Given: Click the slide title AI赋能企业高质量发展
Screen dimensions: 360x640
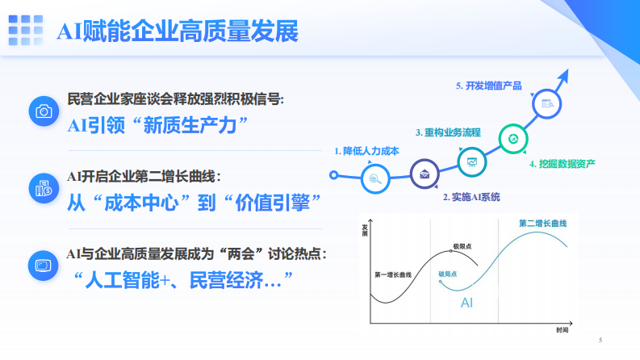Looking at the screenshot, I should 177,31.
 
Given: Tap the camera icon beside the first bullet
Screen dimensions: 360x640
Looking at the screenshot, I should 44,111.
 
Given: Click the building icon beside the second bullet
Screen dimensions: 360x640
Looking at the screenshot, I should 44,188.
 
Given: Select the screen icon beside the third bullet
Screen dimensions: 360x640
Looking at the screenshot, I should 44,264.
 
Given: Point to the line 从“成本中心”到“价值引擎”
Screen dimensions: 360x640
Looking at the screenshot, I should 190,200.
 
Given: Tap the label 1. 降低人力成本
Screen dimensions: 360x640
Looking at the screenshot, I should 367,150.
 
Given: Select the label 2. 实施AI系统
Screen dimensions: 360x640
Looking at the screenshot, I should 471,196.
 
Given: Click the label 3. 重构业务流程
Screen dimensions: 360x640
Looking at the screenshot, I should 448,132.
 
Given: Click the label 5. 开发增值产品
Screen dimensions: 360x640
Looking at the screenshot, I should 488,86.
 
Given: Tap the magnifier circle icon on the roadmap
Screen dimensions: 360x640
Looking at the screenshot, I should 375,179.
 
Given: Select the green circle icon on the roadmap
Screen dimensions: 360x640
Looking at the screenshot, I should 512,139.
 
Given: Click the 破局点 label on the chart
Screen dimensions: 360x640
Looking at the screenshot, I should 448,273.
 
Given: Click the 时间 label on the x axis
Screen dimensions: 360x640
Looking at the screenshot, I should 562,330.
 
